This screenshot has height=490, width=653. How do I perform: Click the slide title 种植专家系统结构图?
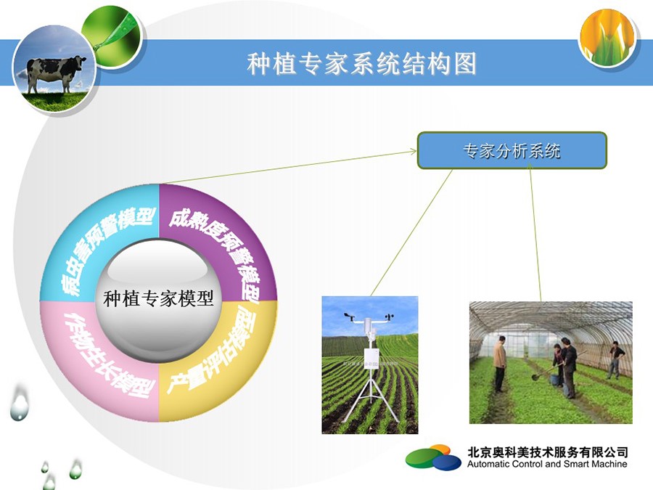(x=361, y=64)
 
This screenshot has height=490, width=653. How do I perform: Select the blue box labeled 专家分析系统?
(x=512, y=150)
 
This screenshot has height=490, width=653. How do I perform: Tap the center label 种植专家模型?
(x=158, y=298)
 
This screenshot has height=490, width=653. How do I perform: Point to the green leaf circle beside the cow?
(x=112, y=37)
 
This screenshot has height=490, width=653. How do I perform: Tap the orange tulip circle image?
(x=607, y=38)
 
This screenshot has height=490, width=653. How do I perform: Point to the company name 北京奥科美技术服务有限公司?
(x=547, y=452)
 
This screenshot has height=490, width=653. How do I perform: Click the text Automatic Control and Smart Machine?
(x=547, y=464)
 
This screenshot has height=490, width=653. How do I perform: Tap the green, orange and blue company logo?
(x=434, y=457)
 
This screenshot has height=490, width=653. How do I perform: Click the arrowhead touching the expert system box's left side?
(x=414, y=151)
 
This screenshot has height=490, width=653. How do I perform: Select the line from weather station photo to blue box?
(x=411, y=232)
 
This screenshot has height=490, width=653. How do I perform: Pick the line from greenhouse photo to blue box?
(x=535, y=232)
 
